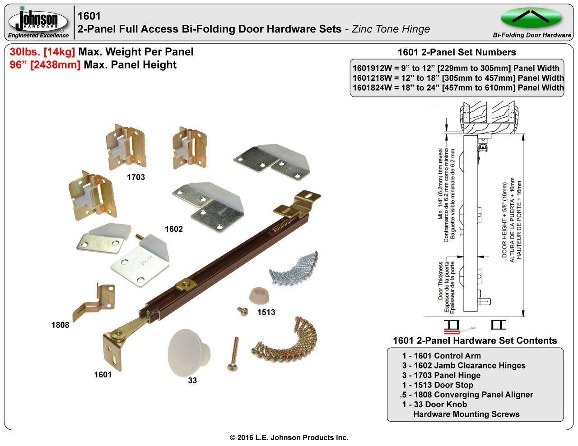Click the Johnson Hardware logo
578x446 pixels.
pos(38,22)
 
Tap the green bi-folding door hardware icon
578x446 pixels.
pos(531,18)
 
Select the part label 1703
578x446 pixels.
pos(135,177)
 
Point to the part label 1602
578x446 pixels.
pos(173,229)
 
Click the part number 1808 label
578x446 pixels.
pos(60,325)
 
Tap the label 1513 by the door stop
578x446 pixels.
pos(266,312)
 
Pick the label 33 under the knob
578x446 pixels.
pos(192,381)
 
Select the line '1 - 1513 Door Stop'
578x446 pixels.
pos(438,385)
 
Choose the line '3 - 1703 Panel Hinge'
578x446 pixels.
pos(441,375)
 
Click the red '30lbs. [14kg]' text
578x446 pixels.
pos(42,52)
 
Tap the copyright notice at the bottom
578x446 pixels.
pos(289,437)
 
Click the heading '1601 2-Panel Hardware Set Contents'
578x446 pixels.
pos(475,341)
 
